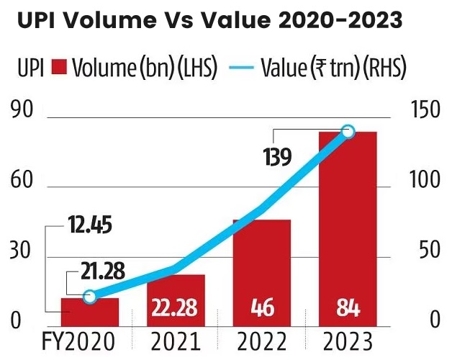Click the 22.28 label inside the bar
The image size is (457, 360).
click(176, 310)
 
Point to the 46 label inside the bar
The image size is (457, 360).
click(262, 310)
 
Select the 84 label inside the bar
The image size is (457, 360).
click(348, 310)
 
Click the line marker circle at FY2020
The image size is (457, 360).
click(89, 297)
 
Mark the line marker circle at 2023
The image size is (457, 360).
click(348, 131)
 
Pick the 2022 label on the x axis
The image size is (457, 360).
click(261, 341)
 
